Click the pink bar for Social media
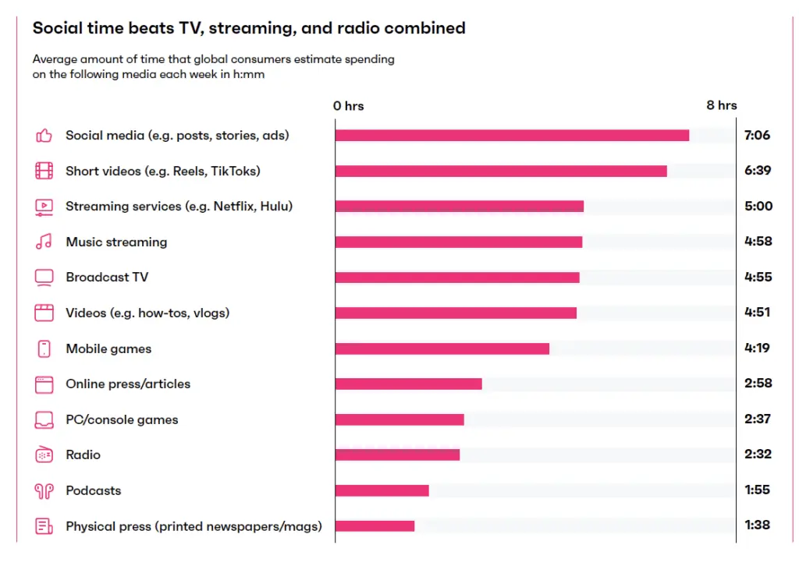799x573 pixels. pyautogui.click(x=512, y=136)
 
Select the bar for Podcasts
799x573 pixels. pyautogui.click(x=382, y=490)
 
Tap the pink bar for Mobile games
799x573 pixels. pyautogui.click(x=442, y=348)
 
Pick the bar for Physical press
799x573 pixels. pyautogui.click(x=375, y=526)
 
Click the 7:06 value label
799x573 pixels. pyautogui.click(x=757, y=136)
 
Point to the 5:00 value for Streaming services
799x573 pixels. pyautogui.click(x=757, y=207)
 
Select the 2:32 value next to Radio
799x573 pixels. pyautogui.click(x=757, y=455)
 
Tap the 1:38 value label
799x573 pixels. pyautogui.click(x=757, y=525)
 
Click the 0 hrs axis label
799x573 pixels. pyautogui.click(x=348, y=106)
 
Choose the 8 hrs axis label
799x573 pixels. pyautogui.click(x=721, y=105)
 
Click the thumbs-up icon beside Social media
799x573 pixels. pyautogui.click(x=44, y=136)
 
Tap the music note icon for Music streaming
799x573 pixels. pyautogui.click(x=44, y=242)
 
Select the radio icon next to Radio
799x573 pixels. pyautogui.click(x=44, y=455)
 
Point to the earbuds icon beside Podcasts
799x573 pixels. pyautogui.click(x=44, y=490)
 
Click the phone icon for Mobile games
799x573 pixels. pyautogui.click(x=44, y=348)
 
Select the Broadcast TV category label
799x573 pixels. pyautogui.click(x=107, y=278)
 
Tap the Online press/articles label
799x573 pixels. pyautogui.click(x=128, y=384)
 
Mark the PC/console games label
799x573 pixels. pyautogui.click(x=122, y=419)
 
